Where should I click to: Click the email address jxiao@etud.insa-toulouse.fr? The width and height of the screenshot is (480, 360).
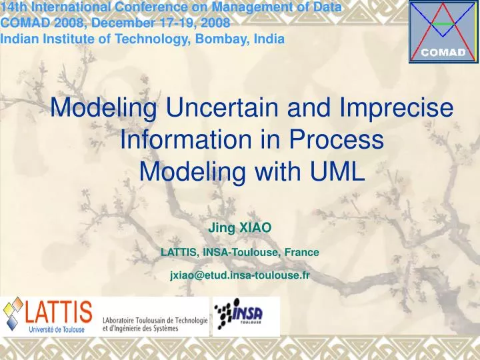[240, 275]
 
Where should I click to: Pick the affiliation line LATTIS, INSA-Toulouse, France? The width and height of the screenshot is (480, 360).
[240, 252]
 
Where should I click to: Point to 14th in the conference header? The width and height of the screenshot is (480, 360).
[13, 8]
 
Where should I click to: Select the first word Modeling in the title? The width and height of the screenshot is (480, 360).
[104, 108]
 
